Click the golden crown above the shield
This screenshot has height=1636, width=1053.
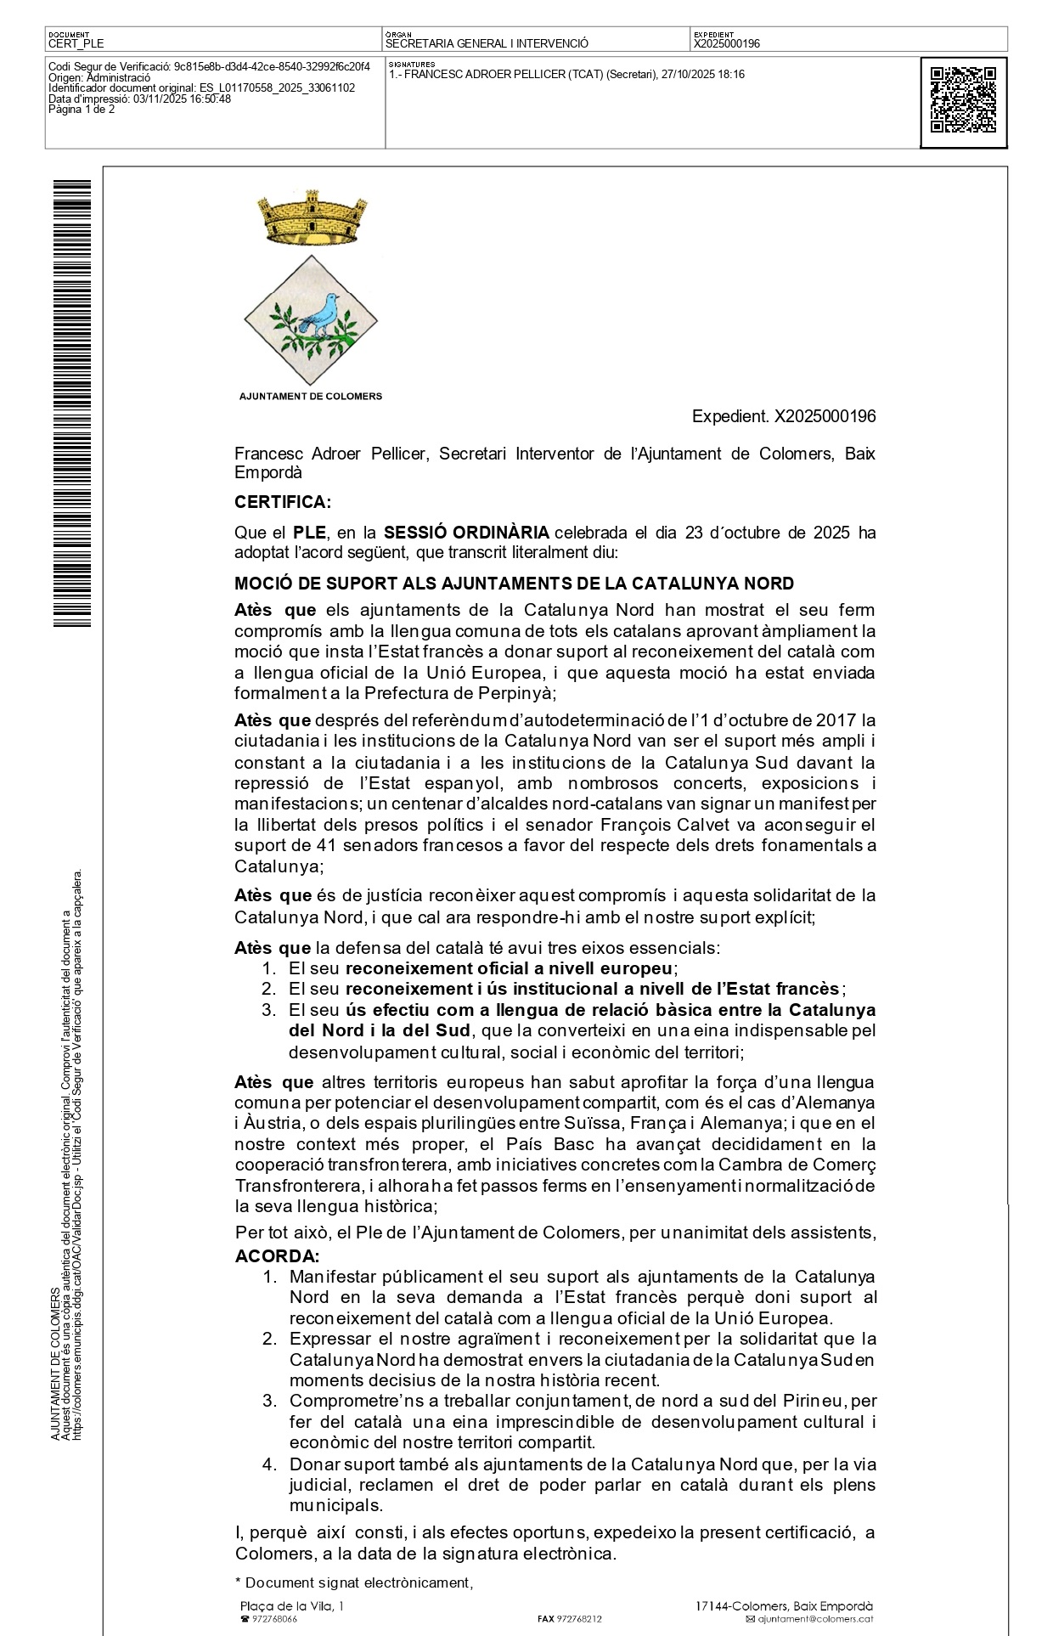click(x=311, y=218)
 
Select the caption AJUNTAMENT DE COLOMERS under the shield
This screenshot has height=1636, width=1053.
click(x=310, y=396)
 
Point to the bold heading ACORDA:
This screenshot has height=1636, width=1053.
click(x=277, y=1256)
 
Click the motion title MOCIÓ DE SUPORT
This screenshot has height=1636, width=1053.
click(x=514, y=584)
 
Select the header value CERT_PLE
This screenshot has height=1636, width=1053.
click(x=76, y=43)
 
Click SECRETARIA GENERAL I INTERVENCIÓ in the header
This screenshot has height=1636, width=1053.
click(x=487, y=43)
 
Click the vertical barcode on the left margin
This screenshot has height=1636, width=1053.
click(x=72, y=403)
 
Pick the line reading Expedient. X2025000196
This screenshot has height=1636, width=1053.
click(x=784, y=416)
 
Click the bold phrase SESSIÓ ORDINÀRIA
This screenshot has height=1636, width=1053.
click(x=466, y=533)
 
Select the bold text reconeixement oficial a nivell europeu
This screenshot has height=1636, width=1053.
click(x=510, y=968)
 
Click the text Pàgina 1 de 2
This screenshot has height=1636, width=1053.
click(x=82, y=109)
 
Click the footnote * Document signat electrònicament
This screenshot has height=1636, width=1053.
click(x=353, y=1582)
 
